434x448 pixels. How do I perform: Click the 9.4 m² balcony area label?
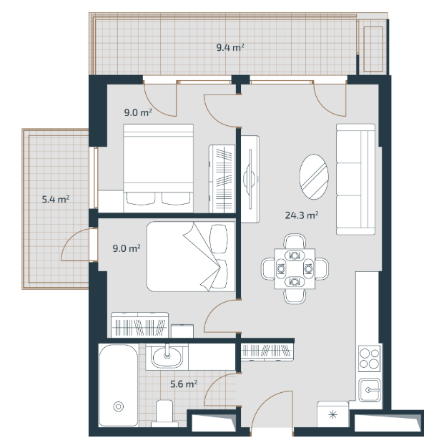(230, 47)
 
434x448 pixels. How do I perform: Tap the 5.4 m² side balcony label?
(56, 199)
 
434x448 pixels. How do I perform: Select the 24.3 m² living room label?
(302, 215)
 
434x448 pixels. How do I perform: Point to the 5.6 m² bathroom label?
(184, 384)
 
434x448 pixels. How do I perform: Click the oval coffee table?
(314, 177)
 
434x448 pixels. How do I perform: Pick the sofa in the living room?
(355, 179)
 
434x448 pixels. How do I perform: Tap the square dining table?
(295, 268)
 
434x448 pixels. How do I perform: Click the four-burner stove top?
(369, 359)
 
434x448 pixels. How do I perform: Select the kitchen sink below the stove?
(370, 390)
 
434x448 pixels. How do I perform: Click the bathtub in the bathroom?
(119, 386)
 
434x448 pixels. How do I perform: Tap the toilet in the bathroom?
(164, 413)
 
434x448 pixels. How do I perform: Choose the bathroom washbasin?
(167, 357)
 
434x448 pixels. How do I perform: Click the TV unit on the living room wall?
(250, 179)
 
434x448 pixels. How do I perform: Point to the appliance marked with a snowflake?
(333, 414)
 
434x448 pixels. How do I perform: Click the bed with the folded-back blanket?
(191, 256)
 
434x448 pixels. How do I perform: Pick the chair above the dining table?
(295, 241)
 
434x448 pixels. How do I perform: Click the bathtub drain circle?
(119, 406)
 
